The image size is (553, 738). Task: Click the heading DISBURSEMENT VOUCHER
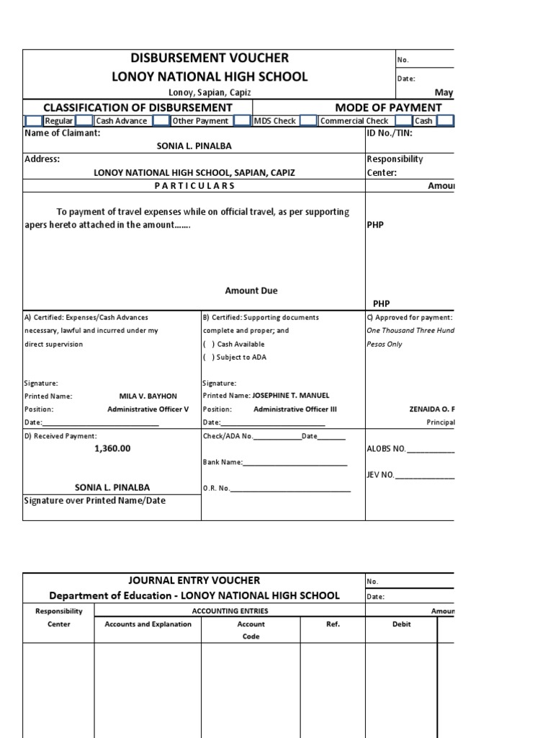210,58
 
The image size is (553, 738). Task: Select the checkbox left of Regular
33,121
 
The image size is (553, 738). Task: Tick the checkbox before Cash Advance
84,121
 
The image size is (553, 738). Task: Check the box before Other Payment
161,121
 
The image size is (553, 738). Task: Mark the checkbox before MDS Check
242,121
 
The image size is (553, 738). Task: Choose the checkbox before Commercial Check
308,121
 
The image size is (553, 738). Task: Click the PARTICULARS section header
194,186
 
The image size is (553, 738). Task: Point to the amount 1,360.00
112,448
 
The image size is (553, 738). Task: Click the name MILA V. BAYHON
148,396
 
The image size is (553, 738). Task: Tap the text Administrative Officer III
295,409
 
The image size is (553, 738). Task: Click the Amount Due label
251,290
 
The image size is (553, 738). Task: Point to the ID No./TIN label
390,133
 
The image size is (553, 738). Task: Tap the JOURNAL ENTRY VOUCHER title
194,580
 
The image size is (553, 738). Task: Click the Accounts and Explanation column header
148,624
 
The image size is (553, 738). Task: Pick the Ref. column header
333,624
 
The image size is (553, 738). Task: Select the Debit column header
401,624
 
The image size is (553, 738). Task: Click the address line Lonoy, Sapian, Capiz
210,93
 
